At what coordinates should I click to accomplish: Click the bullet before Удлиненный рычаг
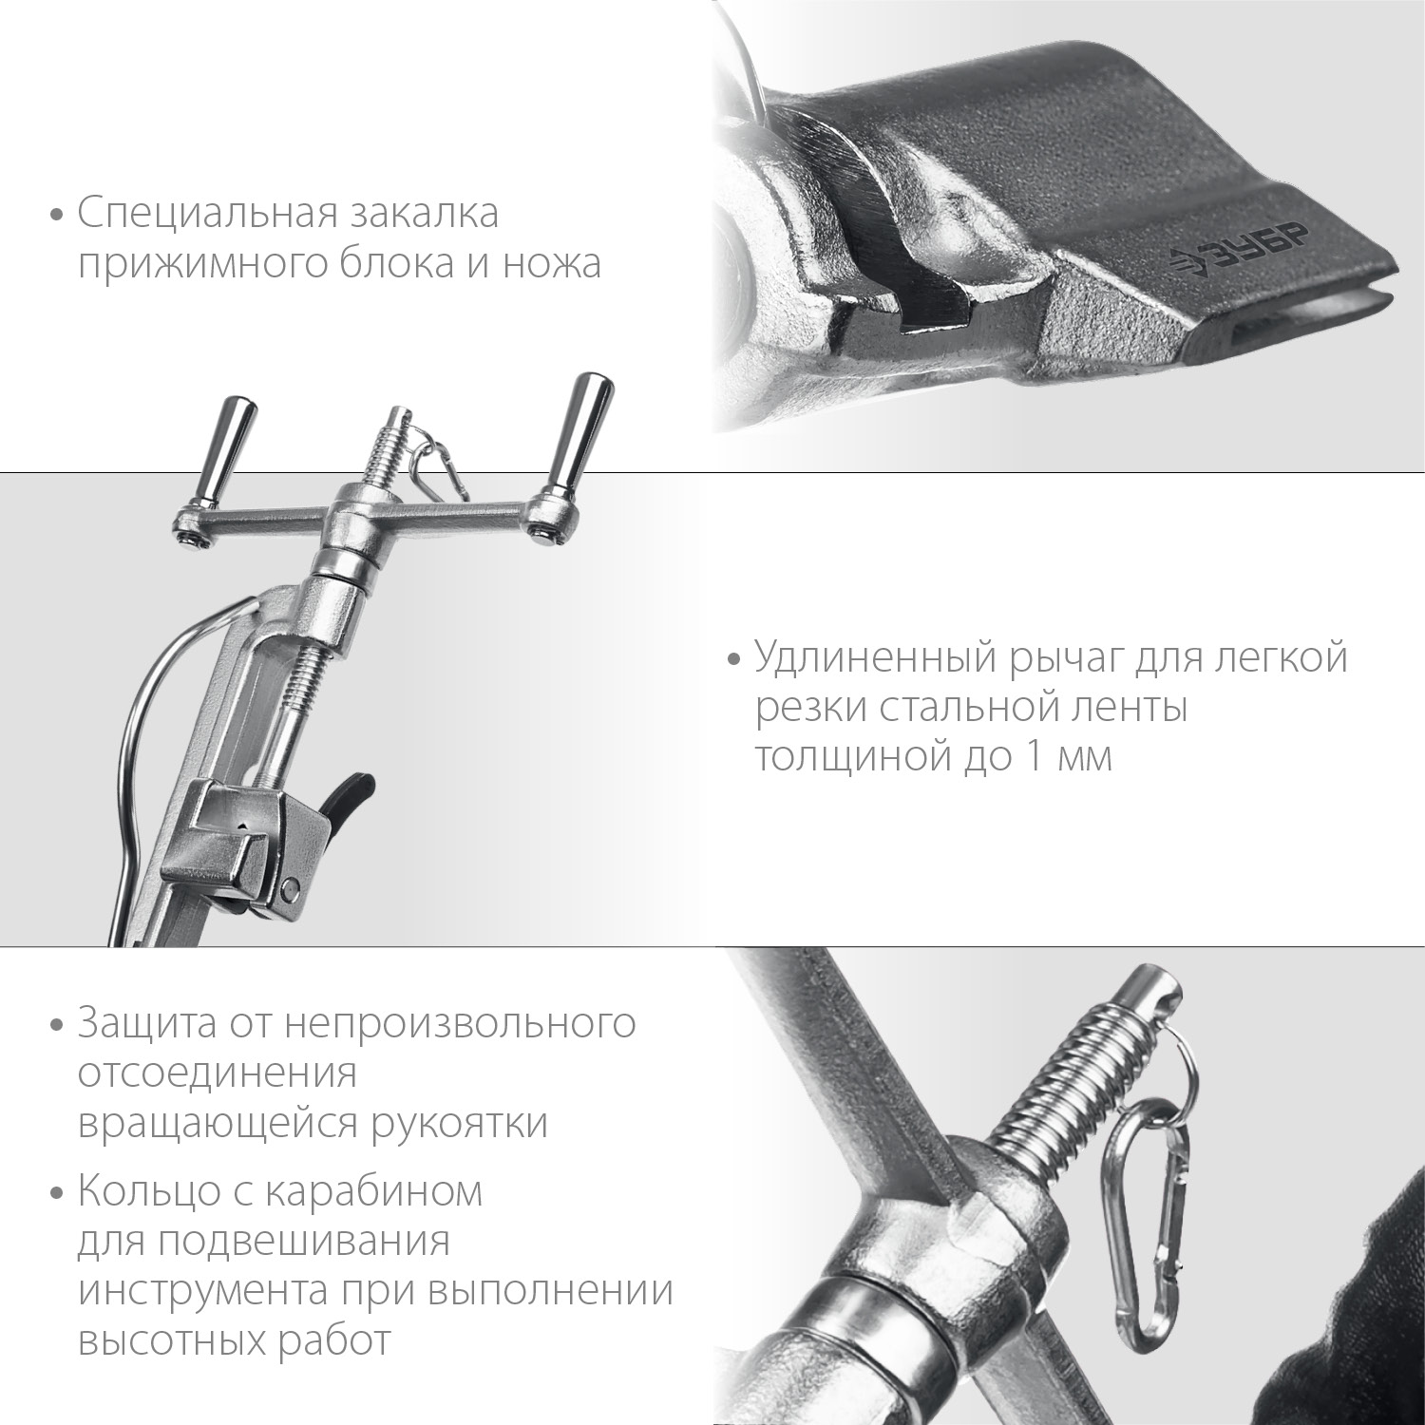pos(732,658)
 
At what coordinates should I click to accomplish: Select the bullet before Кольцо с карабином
pos(58,1191)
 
